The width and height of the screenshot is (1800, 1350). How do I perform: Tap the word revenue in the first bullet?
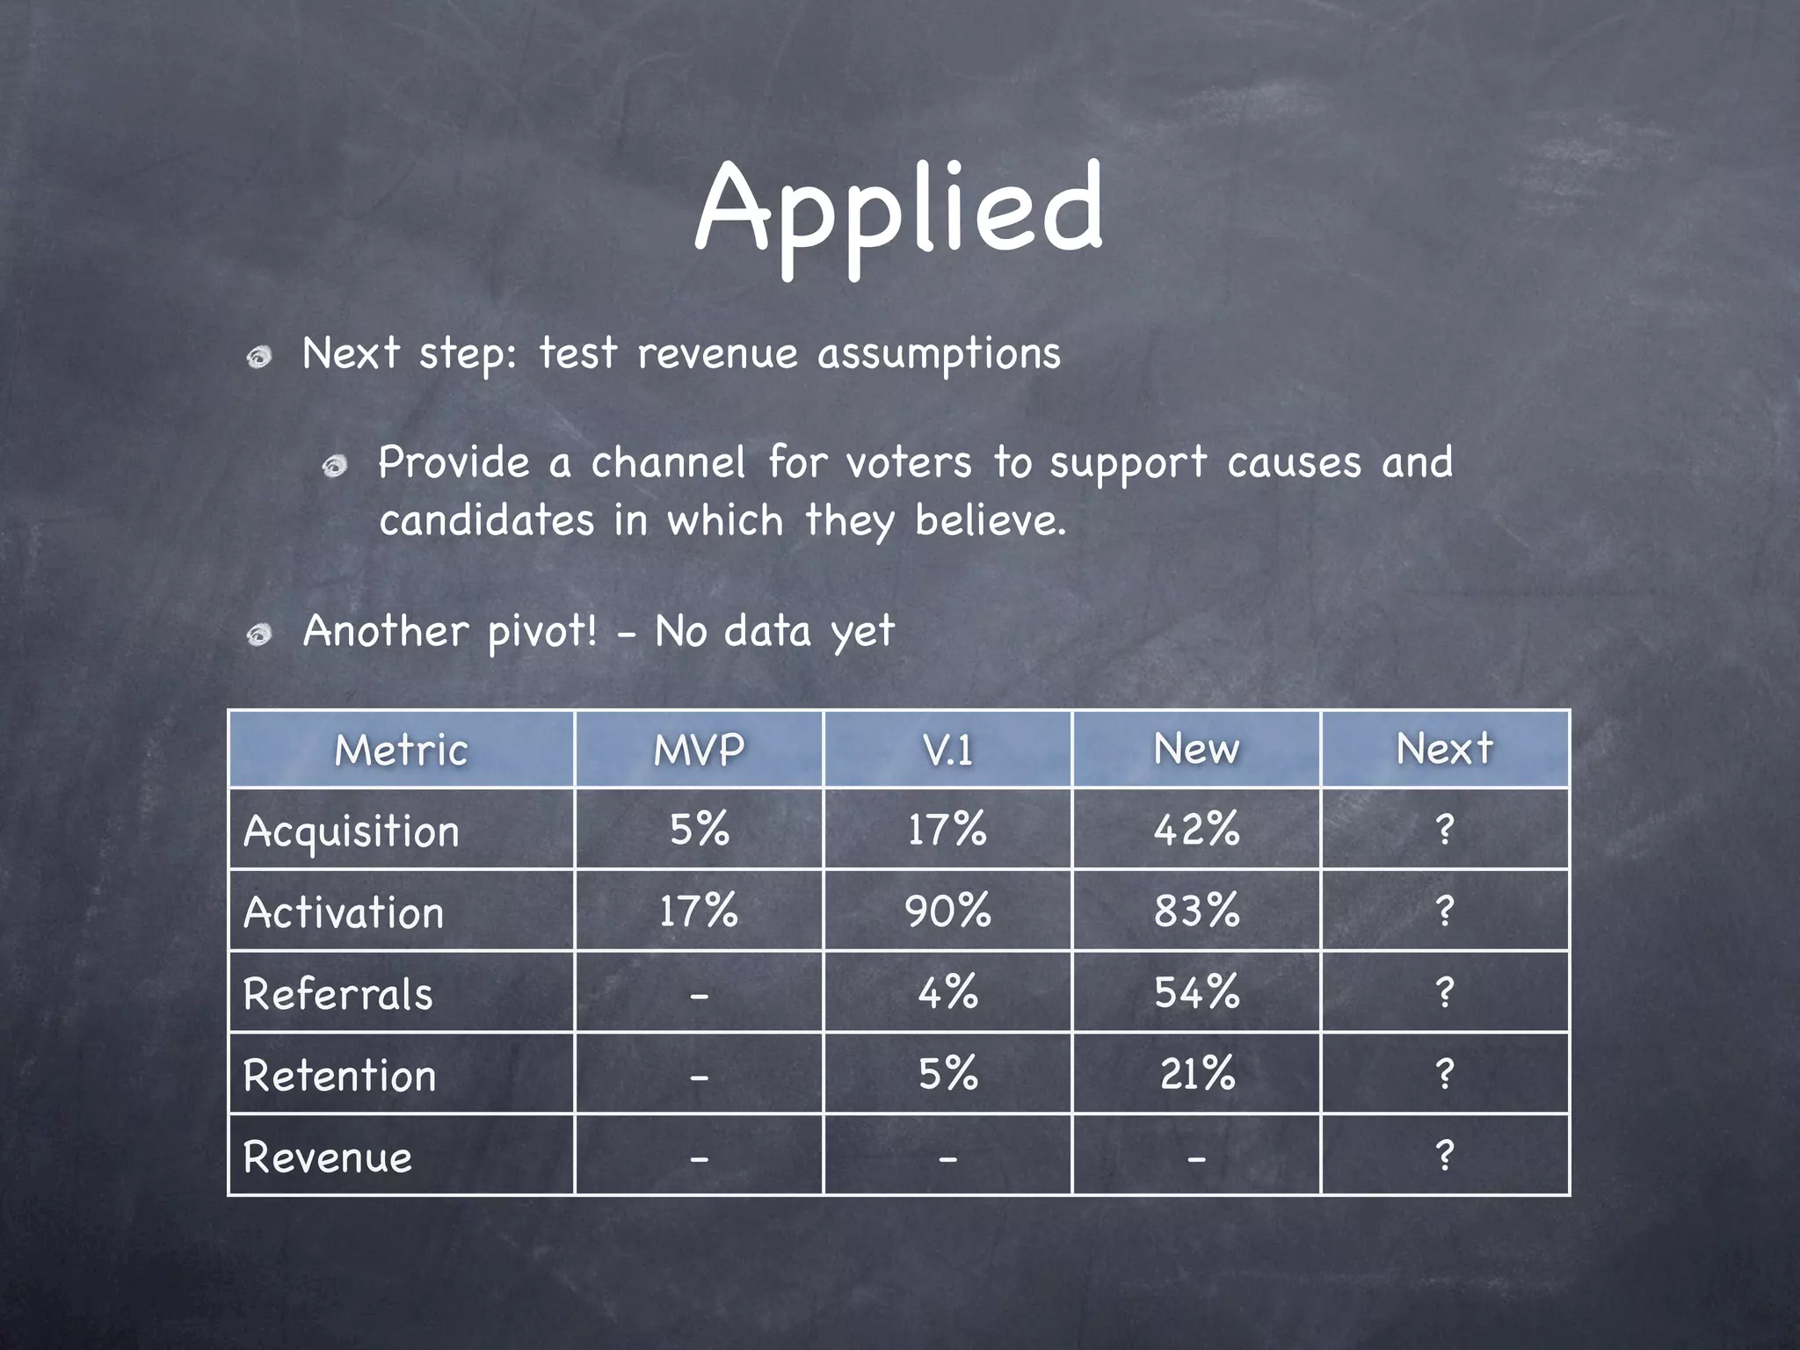(717, 354)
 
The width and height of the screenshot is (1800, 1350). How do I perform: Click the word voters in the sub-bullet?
(909, 463)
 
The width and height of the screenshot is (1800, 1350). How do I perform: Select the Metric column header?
(401, 750)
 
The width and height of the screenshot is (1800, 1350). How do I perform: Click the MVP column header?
(699, 750)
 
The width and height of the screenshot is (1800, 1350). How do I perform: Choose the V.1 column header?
(947, 750)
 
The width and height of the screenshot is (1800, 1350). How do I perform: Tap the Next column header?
(1445, 749)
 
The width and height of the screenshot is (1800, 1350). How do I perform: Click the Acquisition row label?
(352, 831)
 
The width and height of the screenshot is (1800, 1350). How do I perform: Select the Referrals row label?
(338, 994)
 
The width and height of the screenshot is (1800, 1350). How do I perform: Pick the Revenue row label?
(328, 1157)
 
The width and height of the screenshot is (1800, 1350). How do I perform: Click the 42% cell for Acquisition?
(1196, 829)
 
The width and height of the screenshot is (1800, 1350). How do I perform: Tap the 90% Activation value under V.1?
(947, 911)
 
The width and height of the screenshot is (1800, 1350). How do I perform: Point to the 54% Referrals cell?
(1196, 992)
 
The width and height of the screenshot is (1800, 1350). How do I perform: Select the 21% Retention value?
(1196, 1074)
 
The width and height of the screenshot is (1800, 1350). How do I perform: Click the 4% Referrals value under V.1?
(947, 992)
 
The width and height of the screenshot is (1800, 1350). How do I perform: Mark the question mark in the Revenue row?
(1445, 1155)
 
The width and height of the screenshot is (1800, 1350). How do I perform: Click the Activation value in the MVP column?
(699, 911)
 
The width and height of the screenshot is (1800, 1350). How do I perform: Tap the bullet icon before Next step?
(258, 358)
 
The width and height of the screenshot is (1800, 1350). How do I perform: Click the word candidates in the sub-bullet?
(486, 520)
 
